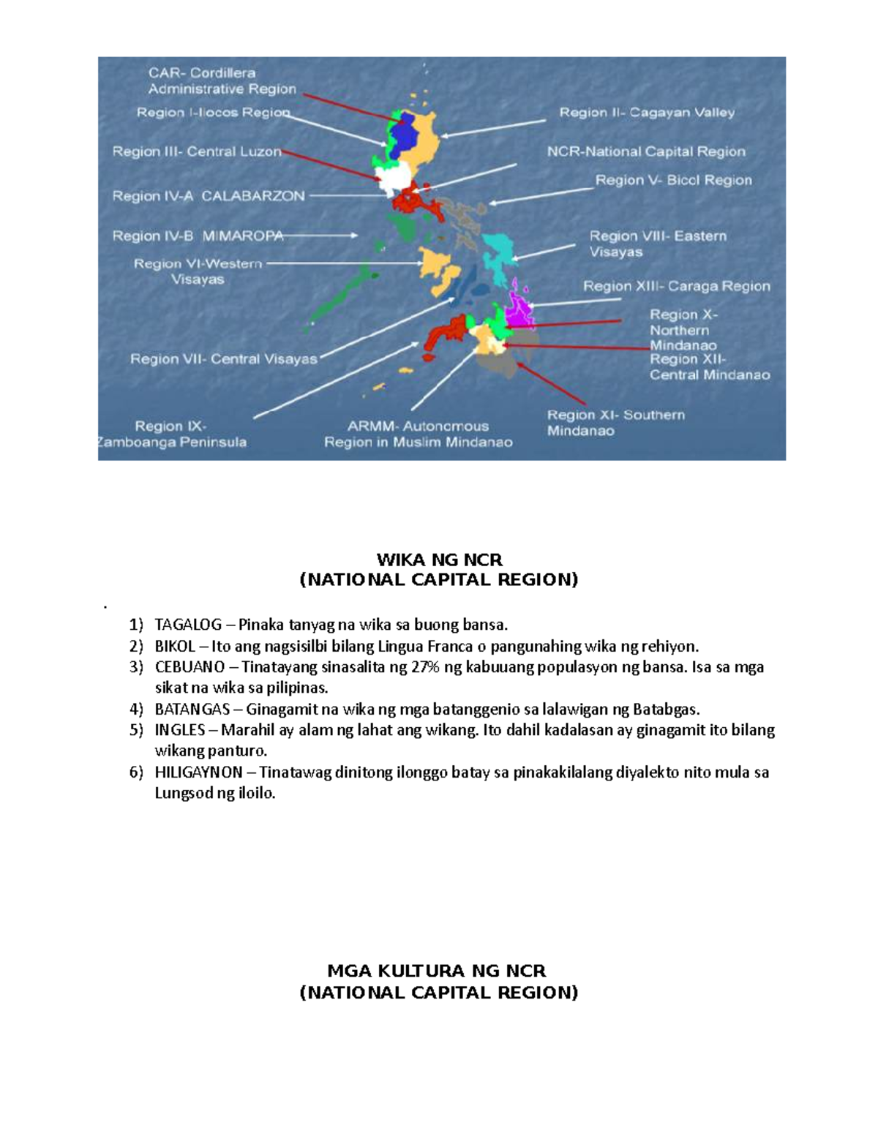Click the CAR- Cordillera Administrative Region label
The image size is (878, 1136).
point(222,81)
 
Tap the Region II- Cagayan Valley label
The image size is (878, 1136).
point(647,113)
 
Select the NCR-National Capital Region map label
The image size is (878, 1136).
point(646,151)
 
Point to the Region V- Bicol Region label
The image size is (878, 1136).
point(673,180)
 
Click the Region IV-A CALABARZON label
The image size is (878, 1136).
point(209,196)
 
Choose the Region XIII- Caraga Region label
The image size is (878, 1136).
point(676,286)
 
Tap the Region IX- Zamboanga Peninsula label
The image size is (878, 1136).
point(173,434)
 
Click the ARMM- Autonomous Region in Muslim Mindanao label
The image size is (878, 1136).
point(418,434)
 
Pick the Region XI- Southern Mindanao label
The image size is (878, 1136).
point(615,423)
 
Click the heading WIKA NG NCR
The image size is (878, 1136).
point(439,560)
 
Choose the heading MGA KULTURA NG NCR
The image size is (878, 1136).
point(436,971)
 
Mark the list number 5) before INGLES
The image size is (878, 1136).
point(136,730)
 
